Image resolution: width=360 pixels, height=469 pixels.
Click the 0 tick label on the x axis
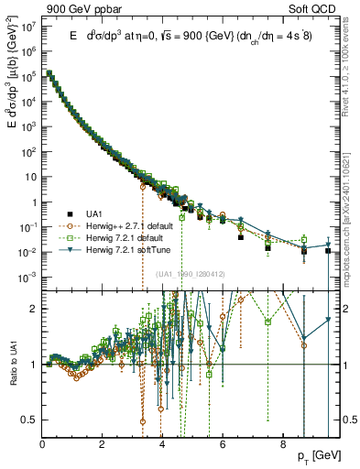(42, 447)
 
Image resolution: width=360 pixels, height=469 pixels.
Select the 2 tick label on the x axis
(102, 447)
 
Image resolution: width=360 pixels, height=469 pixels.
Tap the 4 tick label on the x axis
(161, 447)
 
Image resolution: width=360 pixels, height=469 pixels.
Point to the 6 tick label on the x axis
(221, 447)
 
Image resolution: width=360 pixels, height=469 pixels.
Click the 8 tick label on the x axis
(280, 447)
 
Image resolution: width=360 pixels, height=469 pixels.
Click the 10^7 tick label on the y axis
(27, 27)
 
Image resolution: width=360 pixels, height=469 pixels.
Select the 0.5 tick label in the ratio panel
(29, 420)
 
